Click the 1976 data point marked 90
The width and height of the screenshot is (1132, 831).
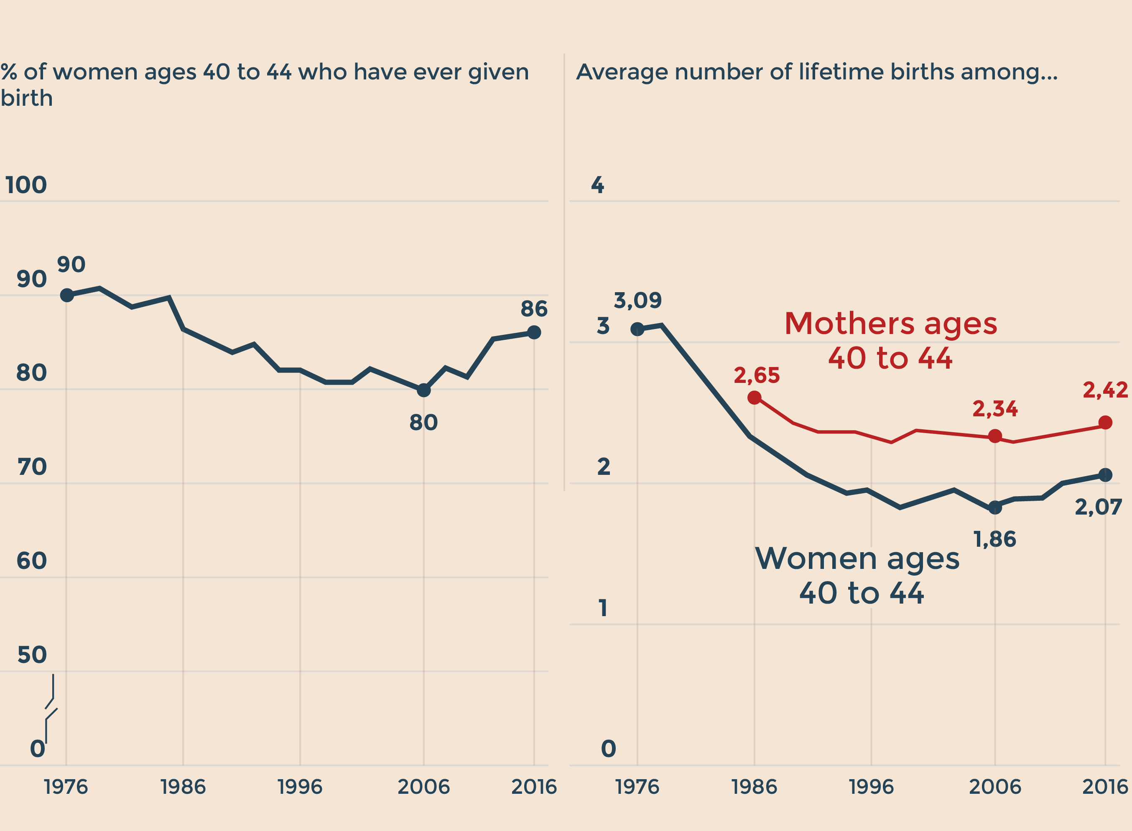[67, 295]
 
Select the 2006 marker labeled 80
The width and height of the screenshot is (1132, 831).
[423, 390]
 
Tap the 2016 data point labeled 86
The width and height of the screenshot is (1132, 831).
[534, 332]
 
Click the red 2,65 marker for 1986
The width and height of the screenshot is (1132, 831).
[754, 398]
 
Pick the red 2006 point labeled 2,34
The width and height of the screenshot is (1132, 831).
[994, 436]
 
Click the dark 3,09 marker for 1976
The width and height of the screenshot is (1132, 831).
[637, 329]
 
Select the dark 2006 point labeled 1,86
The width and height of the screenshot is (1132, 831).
[994, 507]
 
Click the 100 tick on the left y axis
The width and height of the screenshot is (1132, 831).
[26, 185]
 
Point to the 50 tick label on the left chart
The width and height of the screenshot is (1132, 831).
[32, 655]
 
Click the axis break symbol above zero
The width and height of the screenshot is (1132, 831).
[51, 709]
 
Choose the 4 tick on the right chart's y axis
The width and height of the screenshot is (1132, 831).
[597, 185]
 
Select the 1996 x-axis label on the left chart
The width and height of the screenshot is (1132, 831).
[300, 787]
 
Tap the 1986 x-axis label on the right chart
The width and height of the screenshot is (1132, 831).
[754, 787]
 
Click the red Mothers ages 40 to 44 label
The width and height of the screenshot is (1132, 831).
[890, 341]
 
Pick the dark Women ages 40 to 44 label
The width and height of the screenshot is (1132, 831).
[861, 576]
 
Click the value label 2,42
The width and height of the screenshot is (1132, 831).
[1105, 390]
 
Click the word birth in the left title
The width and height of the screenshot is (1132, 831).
[27, 98]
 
